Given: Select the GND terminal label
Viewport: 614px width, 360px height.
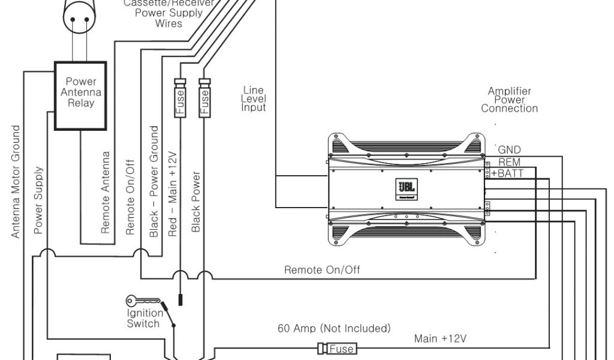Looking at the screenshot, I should click(509, 150).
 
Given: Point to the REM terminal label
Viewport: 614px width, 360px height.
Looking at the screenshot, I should click(509, 163).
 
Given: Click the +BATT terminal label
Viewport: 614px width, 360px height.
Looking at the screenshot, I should click(507, 173).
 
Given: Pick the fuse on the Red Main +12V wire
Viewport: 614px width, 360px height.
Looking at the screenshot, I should click(180, 97).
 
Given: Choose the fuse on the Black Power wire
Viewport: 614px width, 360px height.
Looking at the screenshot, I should click(204, 97).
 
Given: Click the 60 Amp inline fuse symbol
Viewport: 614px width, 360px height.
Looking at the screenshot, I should click(337, 348).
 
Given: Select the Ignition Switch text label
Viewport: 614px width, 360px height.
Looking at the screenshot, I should click(144, 319).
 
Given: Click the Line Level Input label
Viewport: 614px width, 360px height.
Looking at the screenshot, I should click(254, 99).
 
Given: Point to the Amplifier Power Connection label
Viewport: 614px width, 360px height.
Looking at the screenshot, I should click(509, 100).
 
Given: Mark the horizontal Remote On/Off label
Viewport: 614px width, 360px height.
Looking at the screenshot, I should click(322, 270).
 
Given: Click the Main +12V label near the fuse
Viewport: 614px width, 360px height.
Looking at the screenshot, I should click(440, 339).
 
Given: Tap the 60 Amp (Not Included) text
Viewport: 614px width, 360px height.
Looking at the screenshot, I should click(334, 329).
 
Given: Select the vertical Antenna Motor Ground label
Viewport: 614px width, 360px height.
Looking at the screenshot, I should click(16, 181).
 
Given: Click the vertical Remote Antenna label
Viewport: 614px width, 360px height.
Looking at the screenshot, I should click(106, 192).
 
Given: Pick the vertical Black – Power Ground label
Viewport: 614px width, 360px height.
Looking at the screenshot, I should click(154, 181).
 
